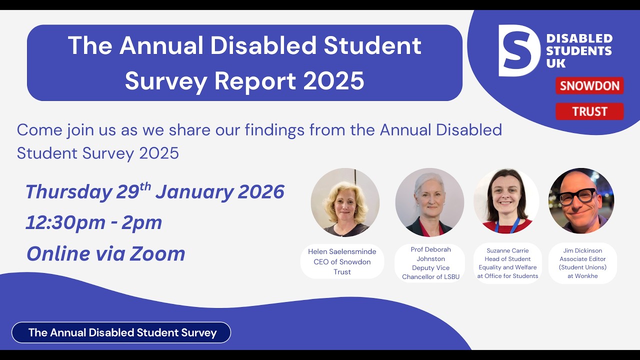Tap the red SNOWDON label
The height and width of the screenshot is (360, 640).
pyautogui.click(x=589, y=85)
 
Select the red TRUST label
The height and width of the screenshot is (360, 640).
pyautogui.click(x=589, y=111)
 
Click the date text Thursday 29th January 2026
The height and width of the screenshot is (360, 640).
pyautogui.click(x=154, y=192)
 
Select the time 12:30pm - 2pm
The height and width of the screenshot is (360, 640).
pyautogui.click(x=94, y=222)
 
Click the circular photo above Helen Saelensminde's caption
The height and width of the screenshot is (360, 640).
pyautogui.click(x=344, y=202)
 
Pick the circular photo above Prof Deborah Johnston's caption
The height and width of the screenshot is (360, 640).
pyautogui.click(x=429, y=202)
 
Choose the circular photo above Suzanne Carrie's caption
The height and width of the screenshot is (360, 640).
pyautogui.click(x=506, y=201)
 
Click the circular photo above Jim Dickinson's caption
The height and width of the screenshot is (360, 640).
pyautogui.click(x=581, y=201)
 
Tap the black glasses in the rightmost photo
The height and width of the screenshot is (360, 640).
pyautogui.click(x=578, y=196)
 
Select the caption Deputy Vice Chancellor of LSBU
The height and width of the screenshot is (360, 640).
pyautogui.click(x=430, y=272)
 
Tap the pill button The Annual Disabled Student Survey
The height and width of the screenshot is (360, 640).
pyautogui.click(x=121, y=332)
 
